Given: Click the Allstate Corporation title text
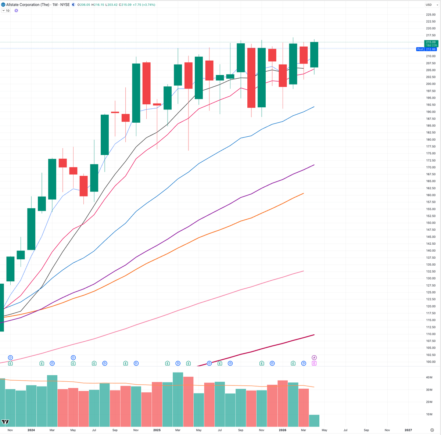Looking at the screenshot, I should point(28,5).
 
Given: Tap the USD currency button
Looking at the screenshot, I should point(429,5).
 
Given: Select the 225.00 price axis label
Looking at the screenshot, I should point(430,15).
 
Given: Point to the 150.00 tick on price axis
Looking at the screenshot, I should point(430,223).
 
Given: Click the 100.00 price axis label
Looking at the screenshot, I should point(430,362).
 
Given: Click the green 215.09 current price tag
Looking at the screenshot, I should point(431,42).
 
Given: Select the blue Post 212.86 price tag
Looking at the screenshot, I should point(426,49).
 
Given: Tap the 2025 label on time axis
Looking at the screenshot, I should point(157,430).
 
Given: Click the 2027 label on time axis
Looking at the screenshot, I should point(408,430).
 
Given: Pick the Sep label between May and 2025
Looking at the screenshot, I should point(115,430).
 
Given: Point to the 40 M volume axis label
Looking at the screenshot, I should point(429,377).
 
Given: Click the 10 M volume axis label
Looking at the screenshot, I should point(429,414).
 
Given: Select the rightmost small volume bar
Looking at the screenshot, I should point(314,420).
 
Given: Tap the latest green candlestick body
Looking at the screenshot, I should point(314,55).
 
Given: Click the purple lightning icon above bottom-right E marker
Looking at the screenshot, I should point(314,357).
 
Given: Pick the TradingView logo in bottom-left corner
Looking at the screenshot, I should point(6,422).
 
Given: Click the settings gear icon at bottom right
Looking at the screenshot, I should point(432,430).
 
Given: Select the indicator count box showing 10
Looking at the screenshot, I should point(6,11).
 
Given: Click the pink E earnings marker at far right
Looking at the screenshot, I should point(314,363).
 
